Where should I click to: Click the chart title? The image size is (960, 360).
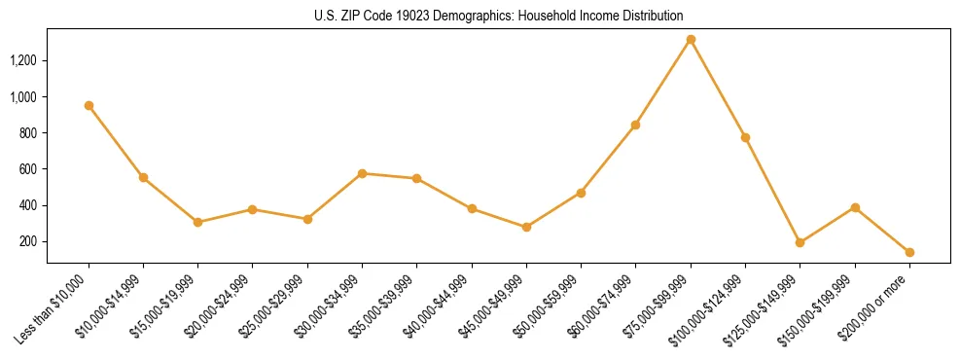[x=499, y=16]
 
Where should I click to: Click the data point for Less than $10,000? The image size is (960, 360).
[x=89, y=105]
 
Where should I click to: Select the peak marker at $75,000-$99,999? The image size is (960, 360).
[x=691, y=40]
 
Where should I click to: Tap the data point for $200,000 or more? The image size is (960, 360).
[x=909, y=252]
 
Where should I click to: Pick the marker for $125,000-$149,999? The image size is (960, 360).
[x=800, y=242]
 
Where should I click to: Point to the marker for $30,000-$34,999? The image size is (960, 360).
[x=362, y=173]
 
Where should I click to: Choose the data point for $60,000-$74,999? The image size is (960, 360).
[x=635, y=125]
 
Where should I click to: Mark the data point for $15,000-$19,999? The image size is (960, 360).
[x=197, y=222]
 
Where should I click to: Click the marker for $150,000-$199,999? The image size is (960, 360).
[x=855, y=207]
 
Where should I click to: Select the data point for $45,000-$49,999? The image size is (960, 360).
[x=526, y=227]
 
